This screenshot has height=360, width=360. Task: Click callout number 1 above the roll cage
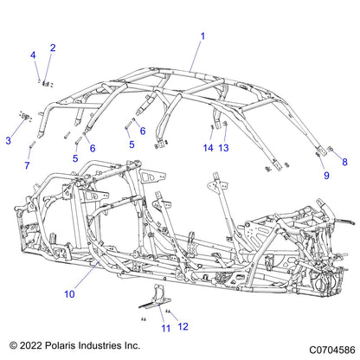[x=202, y=36]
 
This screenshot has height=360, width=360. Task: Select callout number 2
[x=53, y=48]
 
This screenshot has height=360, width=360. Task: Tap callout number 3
[x=9, y=141]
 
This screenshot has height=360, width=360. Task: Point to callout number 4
[x=33, y=55]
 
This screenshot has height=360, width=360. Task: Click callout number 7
[x=27, y=165]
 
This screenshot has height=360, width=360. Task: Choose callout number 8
[x=344, y=162]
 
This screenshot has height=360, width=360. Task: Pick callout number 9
[x=326, y=176]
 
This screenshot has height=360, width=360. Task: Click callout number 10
[x=69, y=294]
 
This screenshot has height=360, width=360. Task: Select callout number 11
[x=166, y=328]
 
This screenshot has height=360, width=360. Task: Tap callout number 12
[x=183, y=326]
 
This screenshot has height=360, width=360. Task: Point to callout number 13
[x=223, y=148]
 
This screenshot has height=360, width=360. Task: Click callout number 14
[x=208, y=148]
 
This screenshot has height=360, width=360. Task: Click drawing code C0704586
[x=332, y=350]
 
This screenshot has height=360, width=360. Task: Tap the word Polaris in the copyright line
[x=60, y=345]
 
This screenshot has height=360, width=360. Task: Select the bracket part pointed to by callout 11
[x=156, y=297]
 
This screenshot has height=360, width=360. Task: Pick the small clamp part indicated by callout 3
[x=26, y=116]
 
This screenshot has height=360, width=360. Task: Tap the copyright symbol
[x=13, y=345]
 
